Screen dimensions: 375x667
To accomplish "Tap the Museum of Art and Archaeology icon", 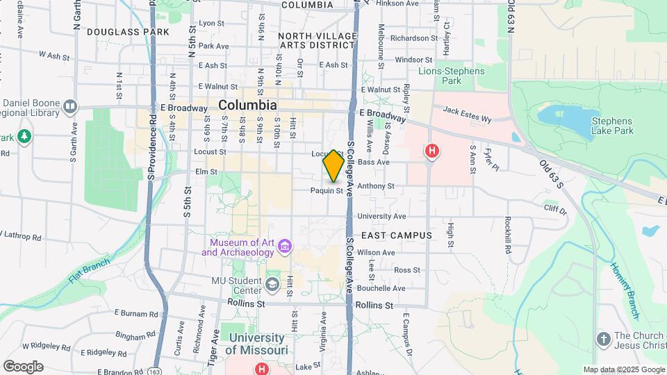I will coord(284,246).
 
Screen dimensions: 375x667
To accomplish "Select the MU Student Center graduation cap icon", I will coord(272,285).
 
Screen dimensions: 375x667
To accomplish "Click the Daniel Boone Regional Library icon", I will coord(69,106).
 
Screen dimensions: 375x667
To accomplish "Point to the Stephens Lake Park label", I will coord(612,126).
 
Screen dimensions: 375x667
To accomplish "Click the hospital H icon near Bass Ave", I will coord(432,151).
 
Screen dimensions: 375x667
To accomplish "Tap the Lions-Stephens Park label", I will coord(450,76).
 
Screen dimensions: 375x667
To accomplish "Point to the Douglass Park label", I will coord(128,32).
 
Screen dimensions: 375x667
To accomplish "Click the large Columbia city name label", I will coord(247,106).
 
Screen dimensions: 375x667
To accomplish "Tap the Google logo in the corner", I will coord(23,367).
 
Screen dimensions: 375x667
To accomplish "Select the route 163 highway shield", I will coord(151,372).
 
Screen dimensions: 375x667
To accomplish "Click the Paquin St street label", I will coord(327,190).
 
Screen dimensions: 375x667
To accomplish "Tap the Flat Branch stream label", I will coord(89,274).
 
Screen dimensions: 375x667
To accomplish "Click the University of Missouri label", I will coord(256,344).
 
